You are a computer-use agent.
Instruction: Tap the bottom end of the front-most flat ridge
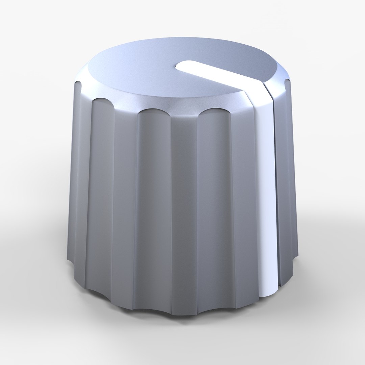tap(184, 313)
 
